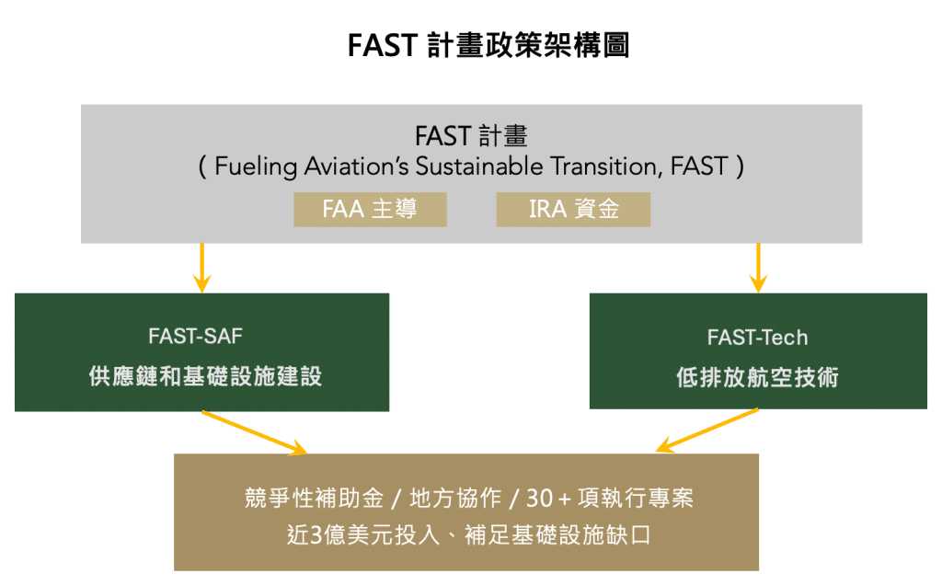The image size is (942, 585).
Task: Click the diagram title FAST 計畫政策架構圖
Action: [488, 46]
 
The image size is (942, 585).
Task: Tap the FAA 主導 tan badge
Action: [370, 209]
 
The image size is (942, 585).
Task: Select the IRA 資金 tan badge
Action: [573, 209]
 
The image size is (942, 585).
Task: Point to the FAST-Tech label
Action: [757, 338]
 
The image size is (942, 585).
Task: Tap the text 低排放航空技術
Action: [757, 377]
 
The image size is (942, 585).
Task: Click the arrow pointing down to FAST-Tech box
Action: [758, 266]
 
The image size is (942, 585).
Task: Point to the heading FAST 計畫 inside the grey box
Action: [470, 136]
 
